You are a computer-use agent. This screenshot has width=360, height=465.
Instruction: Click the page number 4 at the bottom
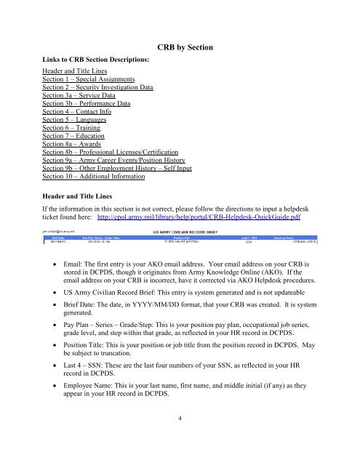(180, 437)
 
